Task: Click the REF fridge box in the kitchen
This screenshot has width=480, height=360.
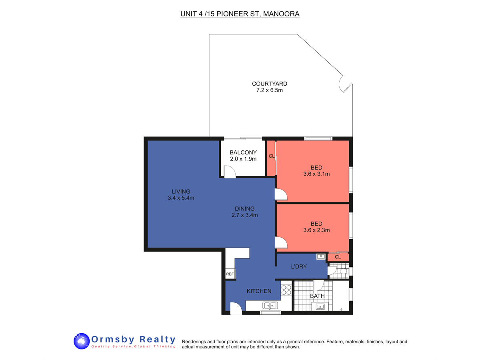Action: pos(230,274)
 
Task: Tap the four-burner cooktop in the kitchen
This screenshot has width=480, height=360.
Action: pos(286,290)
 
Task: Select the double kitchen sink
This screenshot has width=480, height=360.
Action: pos(270,305)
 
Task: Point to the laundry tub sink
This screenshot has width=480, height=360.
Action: pos(320,256)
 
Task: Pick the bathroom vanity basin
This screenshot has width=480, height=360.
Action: pos(320,306)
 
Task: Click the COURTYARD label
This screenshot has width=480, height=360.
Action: pos(270,84)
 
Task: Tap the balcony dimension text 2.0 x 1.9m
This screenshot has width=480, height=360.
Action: pos(243,159)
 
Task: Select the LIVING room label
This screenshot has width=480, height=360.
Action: pos(181,192)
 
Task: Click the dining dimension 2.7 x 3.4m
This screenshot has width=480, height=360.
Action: pos(244,215)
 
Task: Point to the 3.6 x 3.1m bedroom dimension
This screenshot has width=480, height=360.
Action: pos(316,174)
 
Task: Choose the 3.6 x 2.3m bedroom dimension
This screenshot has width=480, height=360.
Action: pos(316,230)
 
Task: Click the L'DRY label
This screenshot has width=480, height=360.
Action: pos(299,267)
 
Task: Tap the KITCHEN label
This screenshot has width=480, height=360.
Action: pos(259,291)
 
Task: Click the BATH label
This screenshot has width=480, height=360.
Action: pos(317,296)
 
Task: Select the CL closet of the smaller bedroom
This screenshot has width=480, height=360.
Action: pos(338,257)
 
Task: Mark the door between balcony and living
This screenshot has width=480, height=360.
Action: pos(230,172)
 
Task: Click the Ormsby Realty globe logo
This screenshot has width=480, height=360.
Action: pos(82,341)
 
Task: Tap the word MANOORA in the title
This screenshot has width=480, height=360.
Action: pos(281,14)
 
